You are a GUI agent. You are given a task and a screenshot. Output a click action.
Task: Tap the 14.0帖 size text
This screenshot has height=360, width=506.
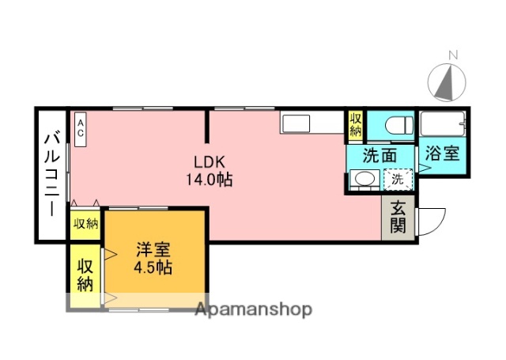point(209,180)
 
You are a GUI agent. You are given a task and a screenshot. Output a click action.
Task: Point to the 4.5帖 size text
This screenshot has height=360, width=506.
point(153,267)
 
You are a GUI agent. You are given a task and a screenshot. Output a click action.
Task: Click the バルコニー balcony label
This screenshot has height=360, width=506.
point(51,175)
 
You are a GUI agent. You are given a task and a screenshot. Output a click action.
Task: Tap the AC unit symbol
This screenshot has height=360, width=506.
point(81,128)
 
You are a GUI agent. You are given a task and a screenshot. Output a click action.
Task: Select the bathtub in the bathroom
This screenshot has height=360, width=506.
point(443,124)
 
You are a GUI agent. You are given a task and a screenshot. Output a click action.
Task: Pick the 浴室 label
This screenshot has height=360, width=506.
point(444,153)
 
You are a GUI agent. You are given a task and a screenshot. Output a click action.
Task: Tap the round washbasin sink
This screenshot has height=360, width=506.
point(364,180)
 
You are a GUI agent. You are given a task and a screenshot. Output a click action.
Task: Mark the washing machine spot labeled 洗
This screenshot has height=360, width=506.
point(398,180)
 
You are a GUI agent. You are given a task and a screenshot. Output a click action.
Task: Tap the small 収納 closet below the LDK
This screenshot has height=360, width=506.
point(86,225)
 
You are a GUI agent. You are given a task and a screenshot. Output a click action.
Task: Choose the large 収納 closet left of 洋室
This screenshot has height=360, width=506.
point(85,274)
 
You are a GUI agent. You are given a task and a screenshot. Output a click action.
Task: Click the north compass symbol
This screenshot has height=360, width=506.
point(447,79)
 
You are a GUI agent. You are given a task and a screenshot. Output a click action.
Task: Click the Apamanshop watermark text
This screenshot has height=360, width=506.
point(253,309)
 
